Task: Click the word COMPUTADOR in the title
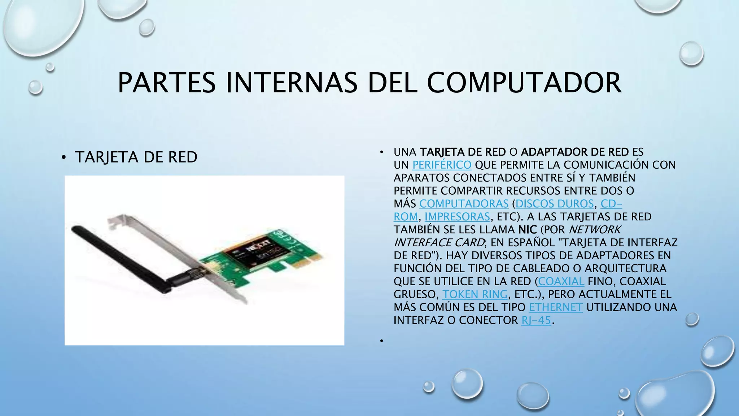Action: tap(524, 83)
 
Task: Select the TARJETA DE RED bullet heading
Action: tap(136, 157)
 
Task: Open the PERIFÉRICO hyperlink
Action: tap(442, 165)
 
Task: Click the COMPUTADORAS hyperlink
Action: tap(464, 204)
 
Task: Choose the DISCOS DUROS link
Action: tap(555, 204)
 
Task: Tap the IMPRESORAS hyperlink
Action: tap(457, 217)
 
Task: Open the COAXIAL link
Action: tap(561, 281)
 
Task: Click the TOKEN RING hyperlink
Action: tap(475, 294)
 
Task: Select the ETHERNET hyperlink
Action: tap(556, 307)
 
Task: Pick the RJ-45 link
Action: tap(536, 320)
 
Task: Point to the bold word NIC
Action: tap(528, 230)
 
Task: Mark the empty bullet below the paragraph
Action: tap(381, 341)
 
